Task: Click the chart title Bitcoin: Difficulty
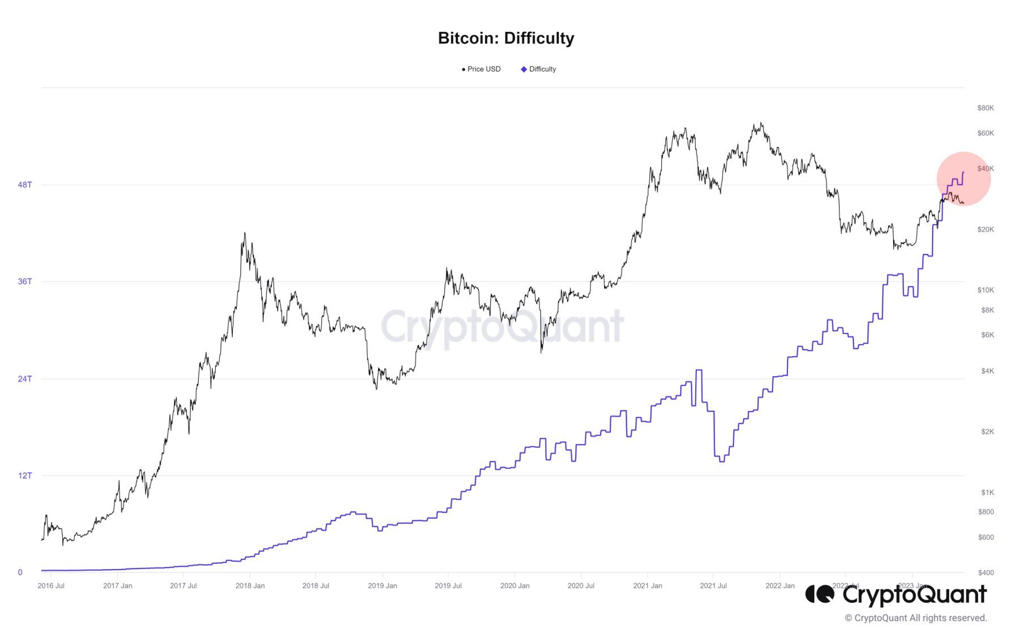coord(506,38)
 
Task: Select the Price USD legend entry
coord(482,69)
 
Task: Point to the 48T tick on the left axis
coord(25,185)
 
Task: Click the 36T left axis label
coord(25,281)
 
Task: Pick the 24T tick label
coord(25,379)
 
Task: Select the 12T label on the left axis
coord(25,476)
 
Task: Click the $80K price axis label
coord(985,108)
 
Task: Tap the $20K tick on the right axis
coord(985,229)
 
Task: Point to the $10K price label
coord(985,290)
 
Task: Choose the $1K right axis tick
coord(988,492)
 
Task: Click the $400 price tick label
coord(986,572)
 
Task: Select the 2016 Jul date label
coord(51,585)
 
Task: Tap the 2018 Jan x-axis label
coord(250,585)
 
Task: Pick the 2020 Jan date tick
coord(514,585)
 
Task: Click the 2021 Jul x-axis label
coord(713,585)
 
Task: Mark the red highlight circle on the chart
coord(963,178)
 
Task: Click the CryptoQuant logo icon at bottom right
coord(819,595)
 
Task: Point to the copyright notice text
coord(916,618)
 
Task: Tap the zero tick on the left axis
coord(20,572)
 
